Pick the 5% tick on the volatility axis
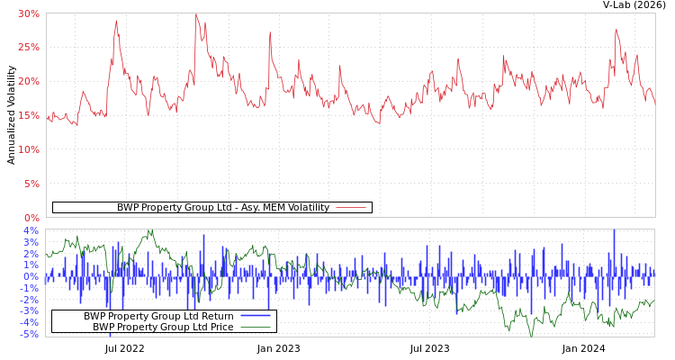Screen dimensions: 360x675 click(31, 184)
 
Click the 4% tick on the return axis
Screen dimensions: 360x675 click(31, 230)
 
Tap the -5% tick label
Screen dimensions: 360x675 click(30, 334)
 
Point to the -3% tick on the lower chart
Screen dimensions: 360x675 click(30, 311)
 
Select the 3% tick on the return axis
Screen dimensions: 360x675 click(31, 242)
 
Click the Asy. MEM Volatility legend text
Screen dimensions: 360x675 click(223, 207)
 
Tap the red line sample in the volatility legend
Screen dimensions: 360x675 click(350, 207)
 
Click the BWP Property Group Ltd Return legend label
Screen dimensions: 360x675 click(158, 316)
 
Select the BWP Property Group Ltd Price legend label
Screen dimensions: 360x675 click(163, 327)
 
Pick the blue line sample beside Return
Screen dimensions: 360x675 click(256, 316)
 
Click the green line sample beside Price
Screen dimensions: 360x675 click(256, 327)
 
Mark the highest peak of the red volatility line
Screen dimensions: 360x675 click(196, 14)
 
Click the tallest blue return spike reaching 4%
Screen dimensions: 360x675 click(614, 232)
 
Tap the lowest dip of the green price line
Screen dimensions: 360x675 click(531, 335)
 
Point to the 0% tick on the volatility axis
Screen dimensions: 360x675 click(31, 218)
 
